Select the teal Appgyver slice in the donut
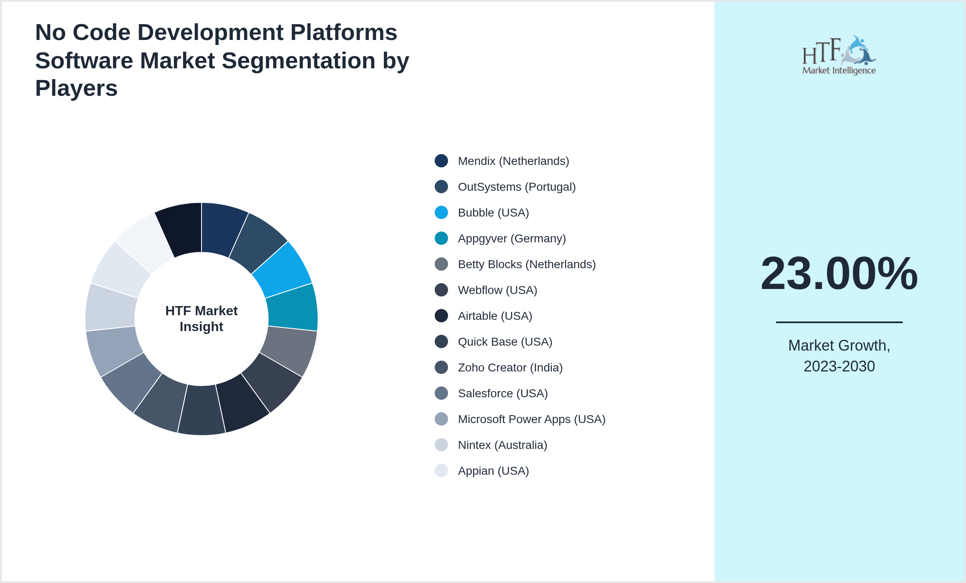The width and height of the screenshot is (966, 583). tap(293, 307)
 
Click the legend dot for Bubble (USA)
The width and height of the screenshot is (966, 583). tap(441, 212)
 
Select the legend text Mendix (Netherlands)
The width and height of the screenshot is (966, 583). tap(513, 161)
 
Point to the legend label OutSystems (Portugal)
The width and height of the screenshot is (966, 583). tap(516, 187)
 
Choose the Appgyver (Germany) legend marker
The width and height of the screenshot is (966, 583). tap(441, 238)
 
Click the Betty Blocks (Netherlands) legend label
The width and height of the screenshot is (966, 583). tap(526, 264)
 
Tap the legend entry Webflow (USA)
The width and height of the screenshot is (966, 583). tap(497, 290)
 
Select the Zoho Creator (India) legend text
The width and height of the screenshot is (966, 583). tap(510, 367)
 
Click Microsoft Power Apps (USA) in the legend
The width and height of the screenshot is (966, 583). tap(531, 419)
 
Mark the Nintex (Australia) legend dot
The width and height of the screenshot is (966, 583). tap(441, 445)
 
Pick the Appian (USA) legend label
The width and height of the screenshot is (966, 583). tap(493, 471)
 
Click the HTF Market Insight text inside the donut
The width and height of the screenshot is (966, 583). tap(202, 319)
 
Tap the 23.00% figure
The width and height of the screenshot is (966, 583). tap(839, 274)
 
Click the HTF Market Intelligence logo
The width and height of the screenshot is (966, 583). tap(839, 55)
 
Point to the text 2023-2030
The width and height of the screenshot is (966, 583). tap(839, 366)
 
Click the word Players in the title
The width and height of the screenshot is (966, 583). tap(77, 88)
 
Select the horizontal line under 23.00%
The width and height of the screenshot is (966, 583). tap(839, 322)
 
